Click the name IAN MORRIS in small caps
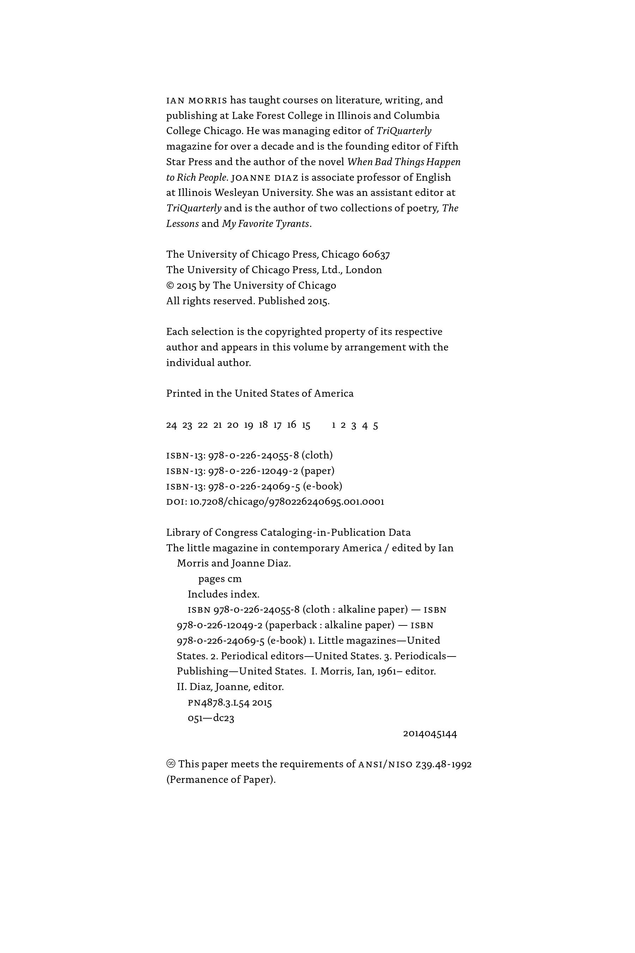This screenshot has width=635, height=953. [x=197, y=100]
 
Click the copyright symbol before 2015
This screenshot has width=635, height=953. [x=170, y=286]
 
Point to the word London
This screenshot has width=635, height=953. [x=363, y=270]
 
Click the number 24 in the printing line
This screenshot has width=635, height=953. [x=171, y=425]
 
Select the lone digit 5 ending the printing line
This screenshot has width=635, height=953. [x=375, y=425]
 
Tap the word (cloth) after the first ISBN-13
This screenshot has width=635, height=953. [x=317, y=455]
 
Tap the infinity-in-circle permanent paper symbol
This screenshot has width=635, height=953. [x=171, y=764]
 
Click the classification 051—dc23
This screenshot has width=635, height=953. [x=211, y=718]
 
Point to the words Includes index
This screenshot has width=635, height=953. [x=223, y=594]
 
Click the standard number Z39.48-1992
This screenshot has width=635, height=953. [x=443, y=764]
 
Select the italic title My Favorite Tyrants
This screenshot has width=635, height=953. [x=265, y=224]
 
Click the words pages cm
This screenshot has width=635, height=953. [x=219, y=579]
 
